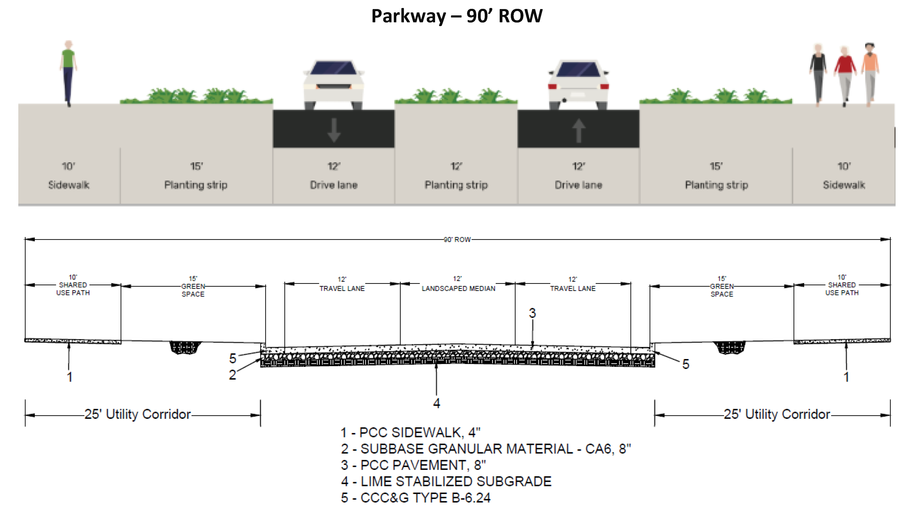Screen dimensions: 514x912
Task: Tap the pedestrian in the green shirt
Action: tap(68, 73)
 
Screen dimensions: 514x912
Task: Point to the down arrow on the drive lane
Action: tap(334, 130)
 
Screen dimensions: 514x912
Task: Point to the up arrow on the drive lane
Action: tap(578, 130)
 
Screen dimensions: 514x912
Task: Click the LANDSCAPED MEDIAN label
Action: tap(458, 288)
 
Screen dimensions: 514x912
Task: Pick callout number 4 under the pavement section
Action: tap(437, 403)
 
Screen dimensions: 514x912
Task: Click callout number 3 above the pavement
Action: tap(532, 313)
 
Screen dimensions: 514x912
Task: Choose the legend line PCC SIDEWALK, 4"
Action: tap(410, 433)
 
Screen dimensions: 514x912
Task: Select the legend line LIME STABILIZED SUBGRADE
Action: tap(446, 481)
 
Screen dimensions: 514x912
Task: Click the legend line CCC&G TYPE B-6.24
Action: tap(416, 498)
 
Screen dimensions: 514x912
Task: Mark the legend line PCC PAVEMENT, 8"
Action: tap(413, 465)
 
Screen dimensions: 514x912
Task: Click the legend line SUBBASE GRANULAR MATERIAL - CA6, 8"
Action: tap(486, 449)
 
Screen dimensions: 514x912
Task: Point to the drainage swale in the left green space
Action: tap(185, 347)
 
